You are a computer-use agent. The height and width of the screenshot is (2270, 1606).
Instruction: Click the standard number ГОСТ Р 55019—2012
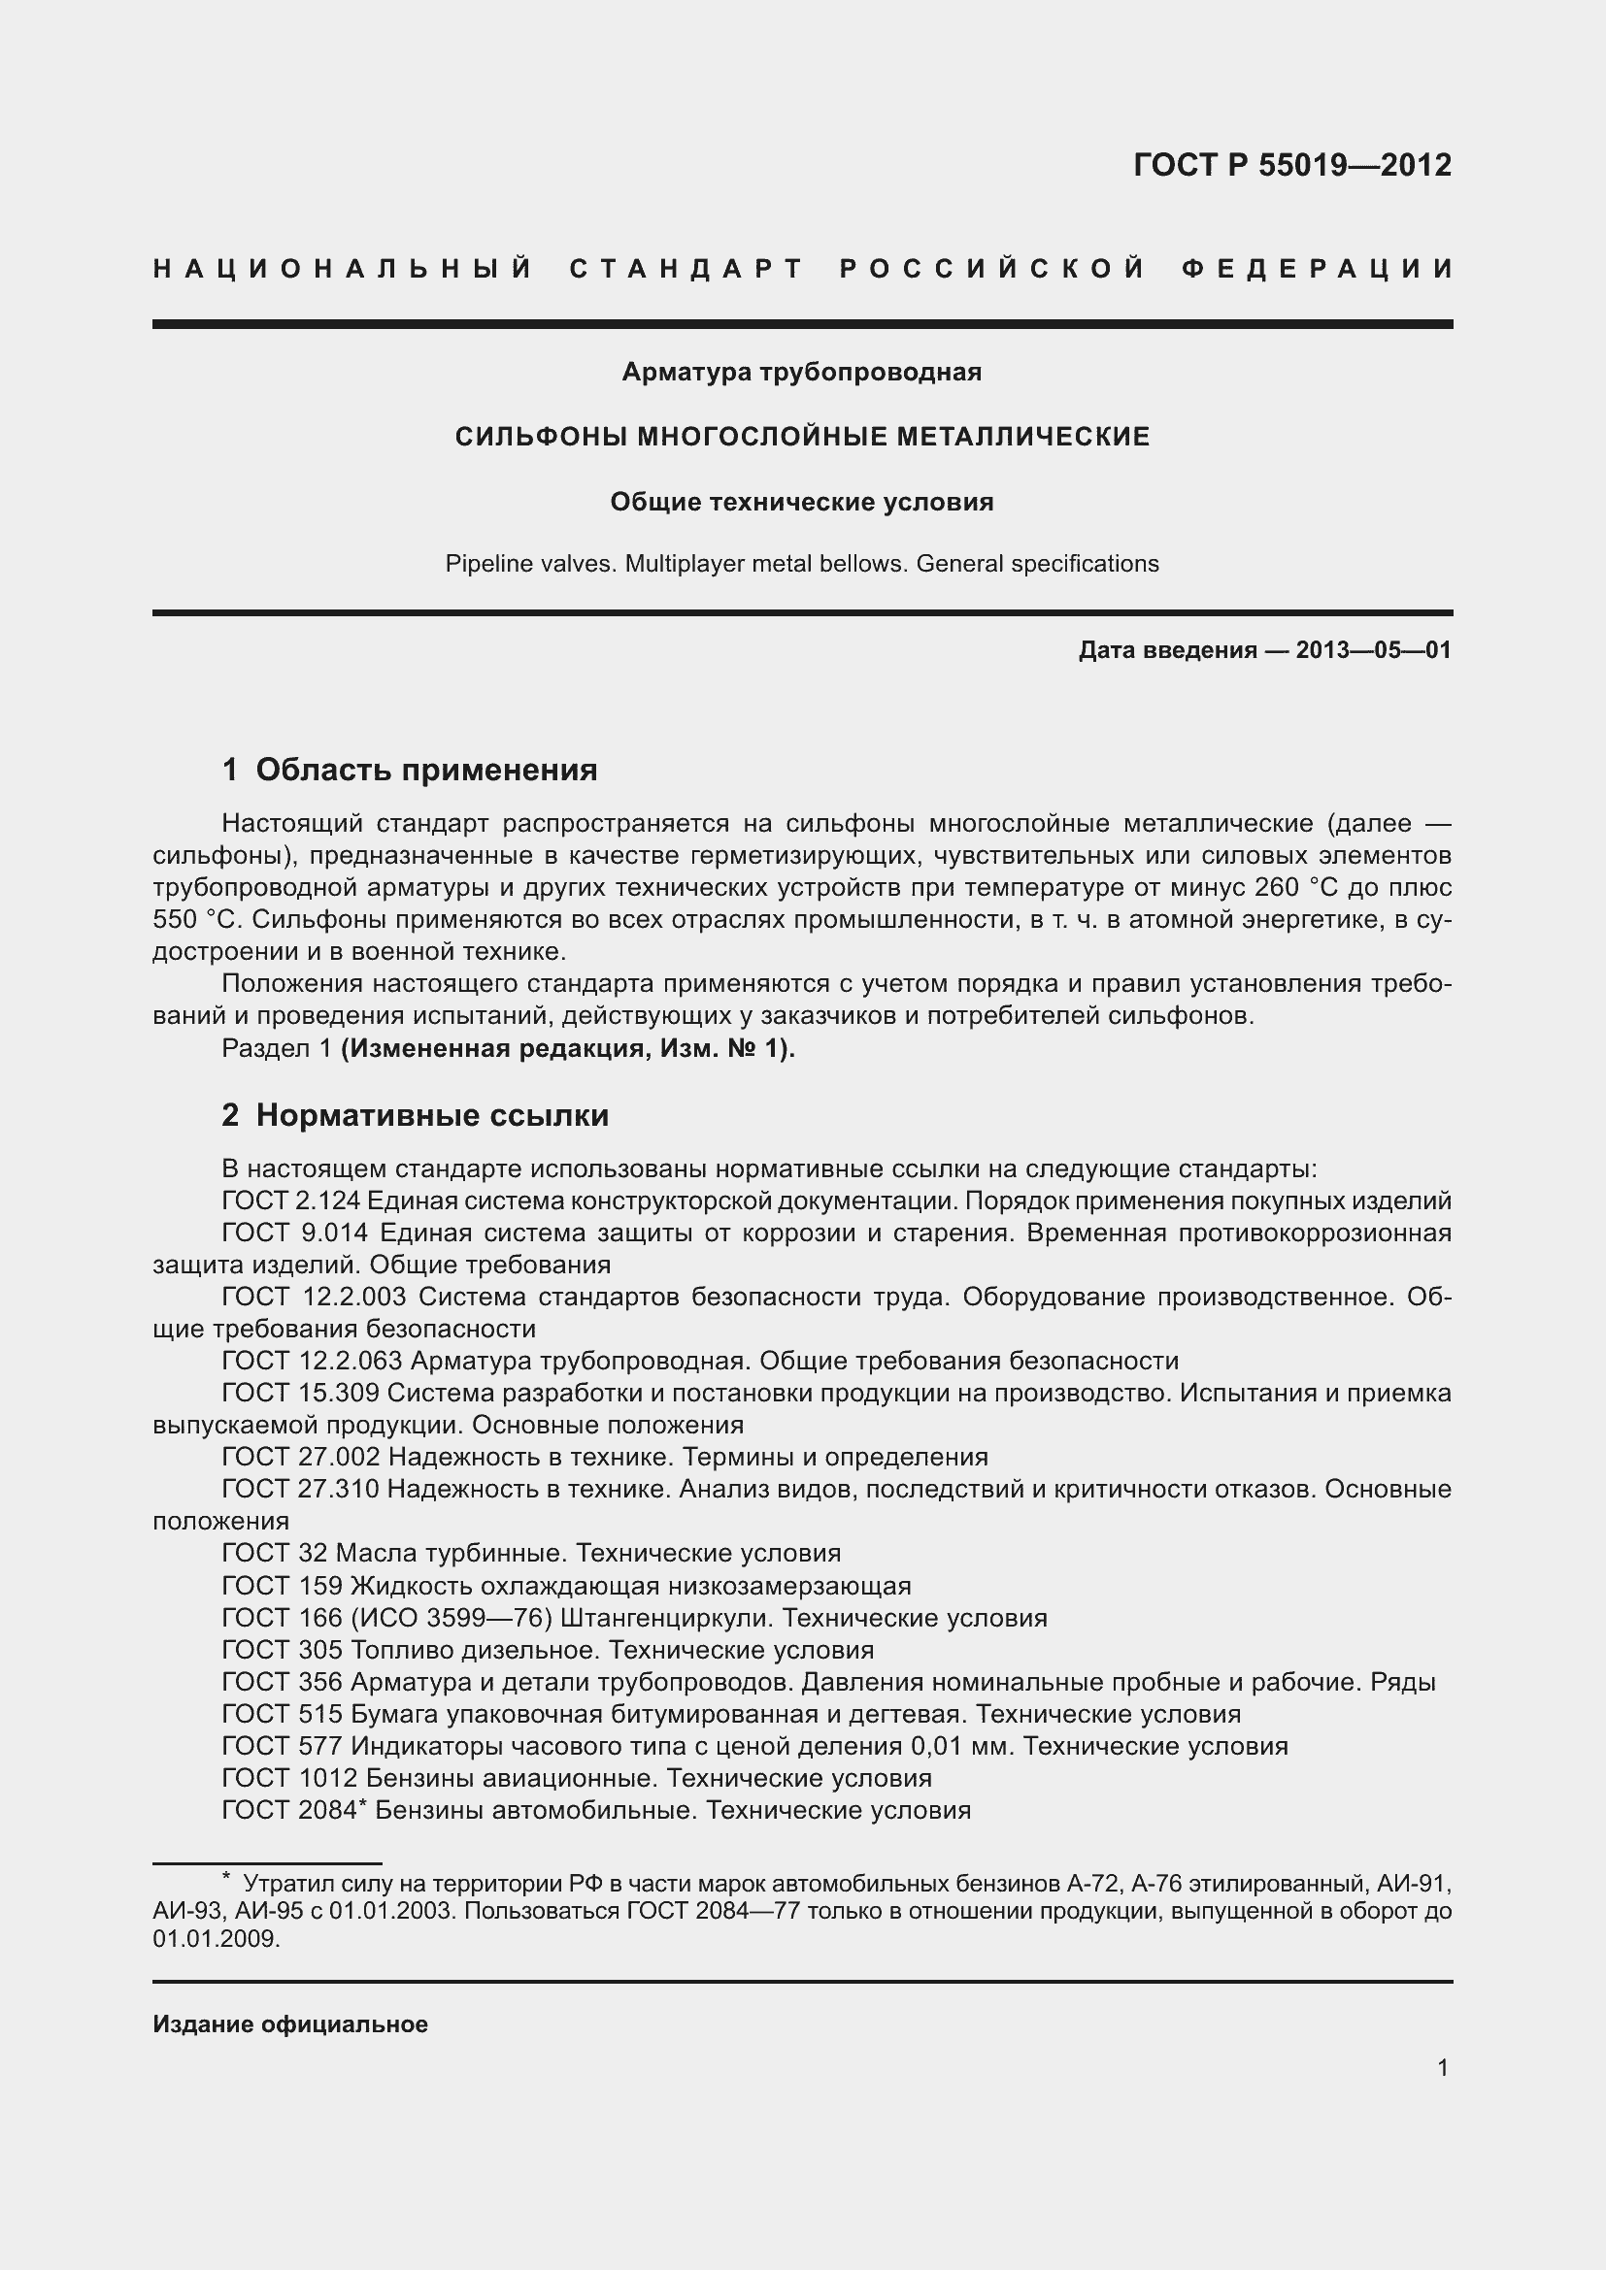(1291, 164)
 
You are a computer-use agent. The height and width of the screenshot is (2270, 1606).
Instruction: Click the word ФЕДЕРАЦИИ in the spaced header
(1317, 269)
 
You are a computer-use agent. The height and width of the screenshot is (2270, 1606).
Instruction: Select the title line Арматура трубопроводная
(801, 372)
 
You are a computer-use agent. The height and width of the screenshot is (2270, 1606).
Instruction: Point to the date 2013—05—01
(1373, 649)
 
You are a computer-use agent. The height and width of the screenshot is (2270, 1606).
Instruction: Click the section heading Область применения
(426, 770)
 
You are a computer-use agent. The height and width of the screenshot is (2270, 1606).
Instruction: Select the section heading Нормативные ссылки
(432, 1115)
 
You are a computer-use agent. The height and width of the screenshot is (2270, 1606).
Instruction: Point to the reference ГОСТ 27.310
(300, 1489)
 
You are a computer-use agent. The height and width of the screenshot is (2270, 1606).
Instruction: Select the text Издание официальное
(289, 2023)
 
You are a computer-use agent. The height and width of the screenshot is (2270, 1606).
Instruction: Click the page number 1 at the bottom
(1443, 2067)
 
